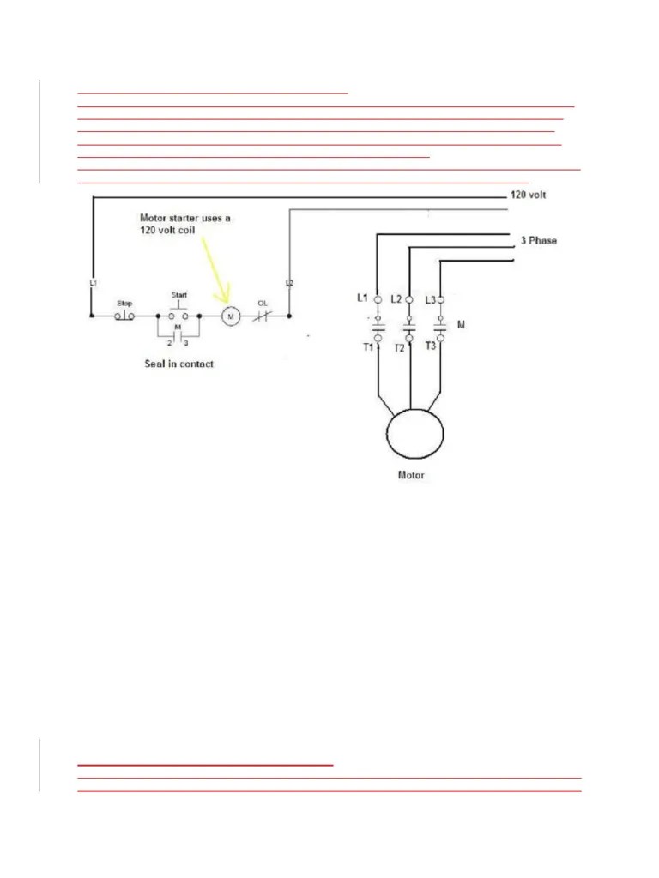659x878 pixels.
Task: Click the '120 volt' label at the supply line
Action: pyautogui.click(x=529, y=195)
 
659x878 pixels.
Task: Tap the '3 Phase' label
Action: pyautogui.click(x=538, y=241)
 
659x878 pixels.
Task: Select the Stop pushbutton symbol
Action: pyautogui.click(x=124, y=316)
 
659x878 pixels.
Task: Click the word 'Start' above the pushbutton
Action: pyautogui.click(x=178, y=295)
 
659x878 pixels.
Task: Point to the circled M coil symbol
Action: pyautogui.click(x=230, y=316)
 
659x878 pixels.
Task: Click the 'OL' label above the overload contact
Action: pyautogui.click(x=263, y=302)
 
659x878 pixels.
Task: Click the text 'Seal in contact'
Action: pyautogui.click(x=178, y=364)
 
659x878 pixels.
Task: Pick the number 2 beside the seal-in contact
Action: pyautogui.click(x=169, y=343)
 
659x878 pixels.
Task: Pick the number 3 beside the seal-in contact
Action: pyautogui.click(x=186, y=343)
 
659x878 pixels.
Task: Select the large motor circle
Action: pyautogui.click(x=415, y=433)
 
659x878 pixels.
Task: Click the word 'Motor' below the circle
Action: pyautogui.click(x=411, y=475)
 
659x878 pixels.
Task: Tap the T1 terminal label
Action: pyautogui.click(x=367, y=347)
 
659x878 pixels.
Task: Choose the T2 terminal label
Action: pyautogui.click(x=400, y=348)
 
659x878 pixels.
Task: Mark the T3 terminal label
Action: pyautogui.click(x=432, y=347)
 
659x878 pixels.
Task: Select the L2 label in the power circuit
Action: pyautogui.click(x=396, y=298)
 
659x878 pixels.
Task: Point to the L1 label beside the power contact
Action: pyautogui.click(x=362, y=298)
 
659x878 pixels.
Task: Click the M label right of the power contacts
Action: pyautogui.click(x=462, y=325)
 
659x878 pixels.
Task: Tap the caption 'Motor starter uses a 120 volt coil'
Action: pyautogui.click(x=185, y=225)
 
